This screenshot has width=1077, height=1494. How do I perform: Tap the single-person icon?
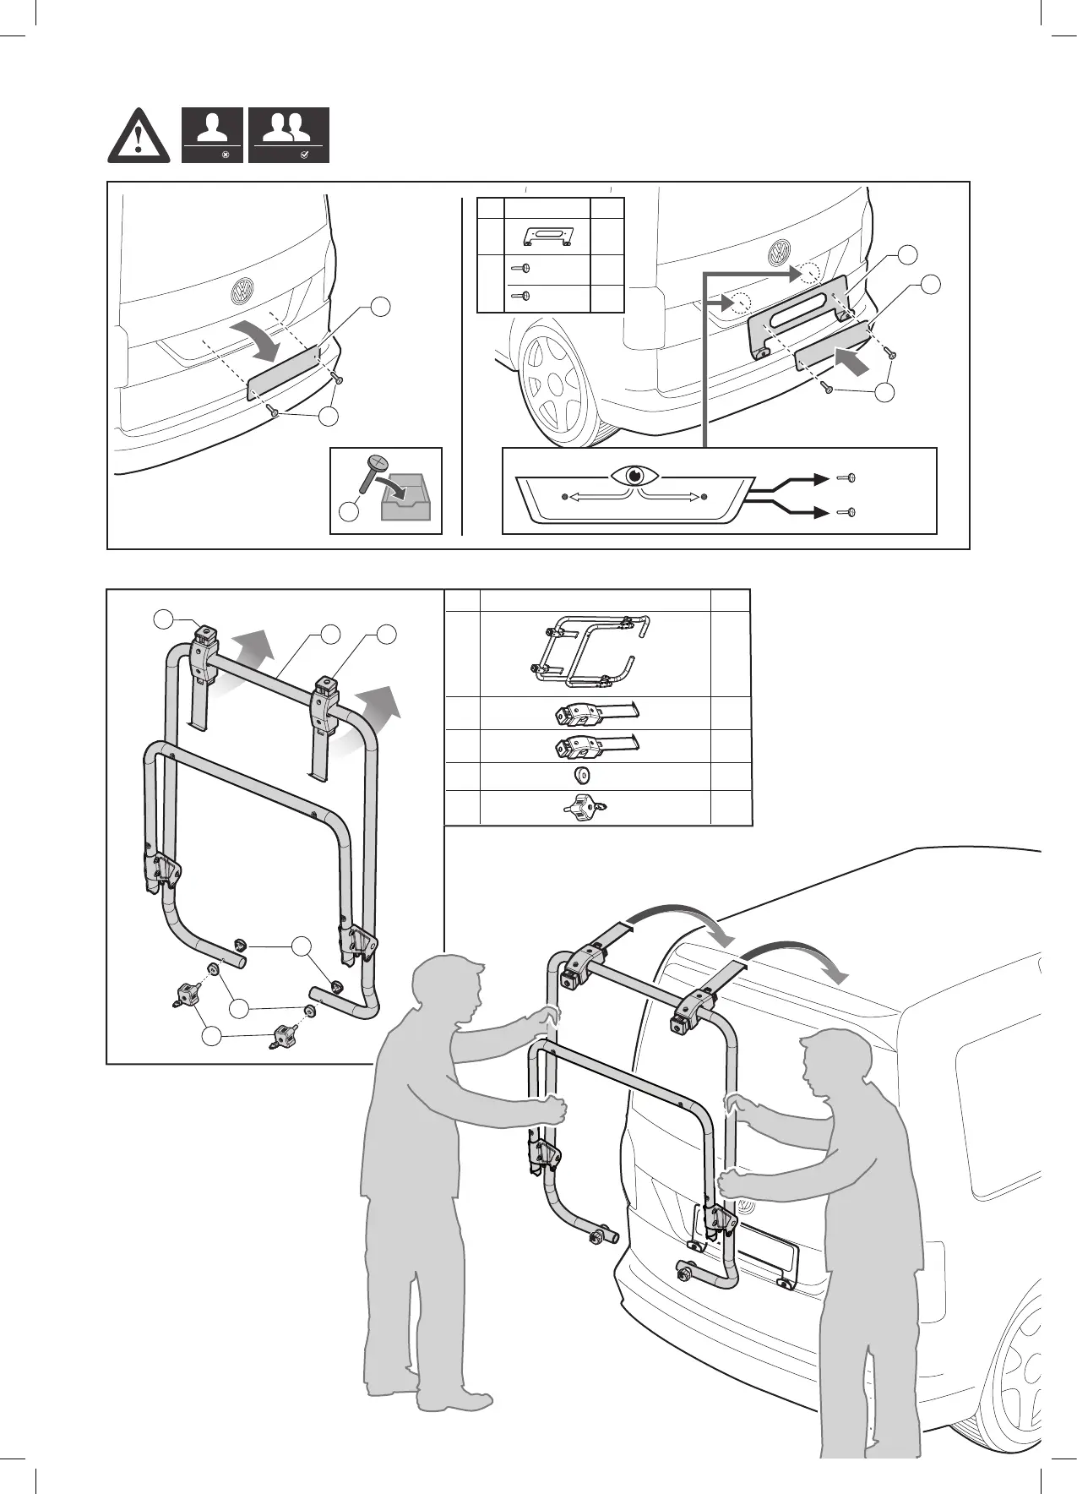click(x=212, y=134)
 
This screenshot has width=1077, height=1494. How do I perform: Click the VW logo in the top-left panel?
click(x=242, y=292)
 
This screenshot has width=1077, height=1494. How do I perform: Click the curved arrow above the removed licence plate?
click(x=264, y=336)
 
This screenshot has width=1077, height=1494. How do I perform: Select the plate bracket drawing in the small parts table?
click(x=547, y=236)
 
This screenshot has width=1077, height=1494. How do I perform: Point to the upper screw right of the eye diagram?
click(x=847, y=478)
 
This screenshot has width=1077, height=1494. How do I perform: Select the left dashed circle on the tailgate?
click(x=742, y=302)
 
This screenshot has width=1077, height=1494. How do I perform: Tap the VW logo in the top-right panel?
click(x=778, y=252)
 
